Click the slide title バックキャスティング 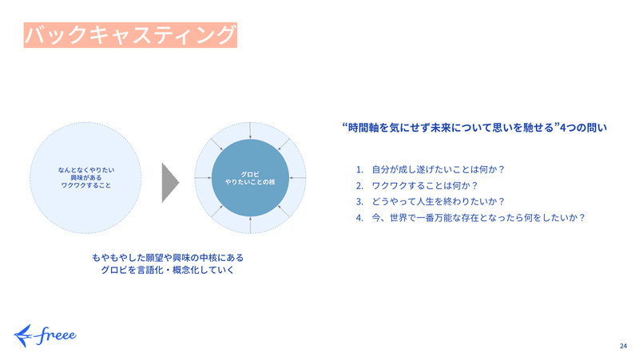tap(130, 35)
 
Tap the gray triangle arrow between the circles tap(170, 183)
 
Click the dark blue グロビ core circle tap(250, 178)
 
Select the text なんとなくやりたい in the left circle tap(86, 170)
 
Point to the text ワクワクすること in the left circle tap(86, 185)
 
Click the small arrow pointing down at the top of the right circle tap(250, 130)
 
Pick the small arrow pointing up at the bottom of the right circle tap(250, 225)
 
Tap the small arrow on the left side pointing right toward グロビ tap(203, 178)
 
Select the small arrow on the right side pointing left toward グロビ tap(297, 178)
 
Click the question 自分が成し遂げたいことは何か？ tap(438, 169)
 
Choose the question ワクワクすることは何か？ tap(424, 186)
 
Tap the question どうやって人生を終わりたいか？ tap(438, 202)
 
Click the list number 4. tap(359, 218)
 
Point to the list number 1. tap(359, 169)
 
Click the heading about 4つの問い tap(474, 128)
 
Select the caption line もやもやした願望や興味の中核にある tap(168, 258)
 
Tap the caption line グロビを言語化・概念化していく tap(168, 270)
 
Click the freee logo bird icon tap(23, 335)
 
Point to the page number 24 tap(623, 346)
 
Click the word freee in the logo tap(56, 335)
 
